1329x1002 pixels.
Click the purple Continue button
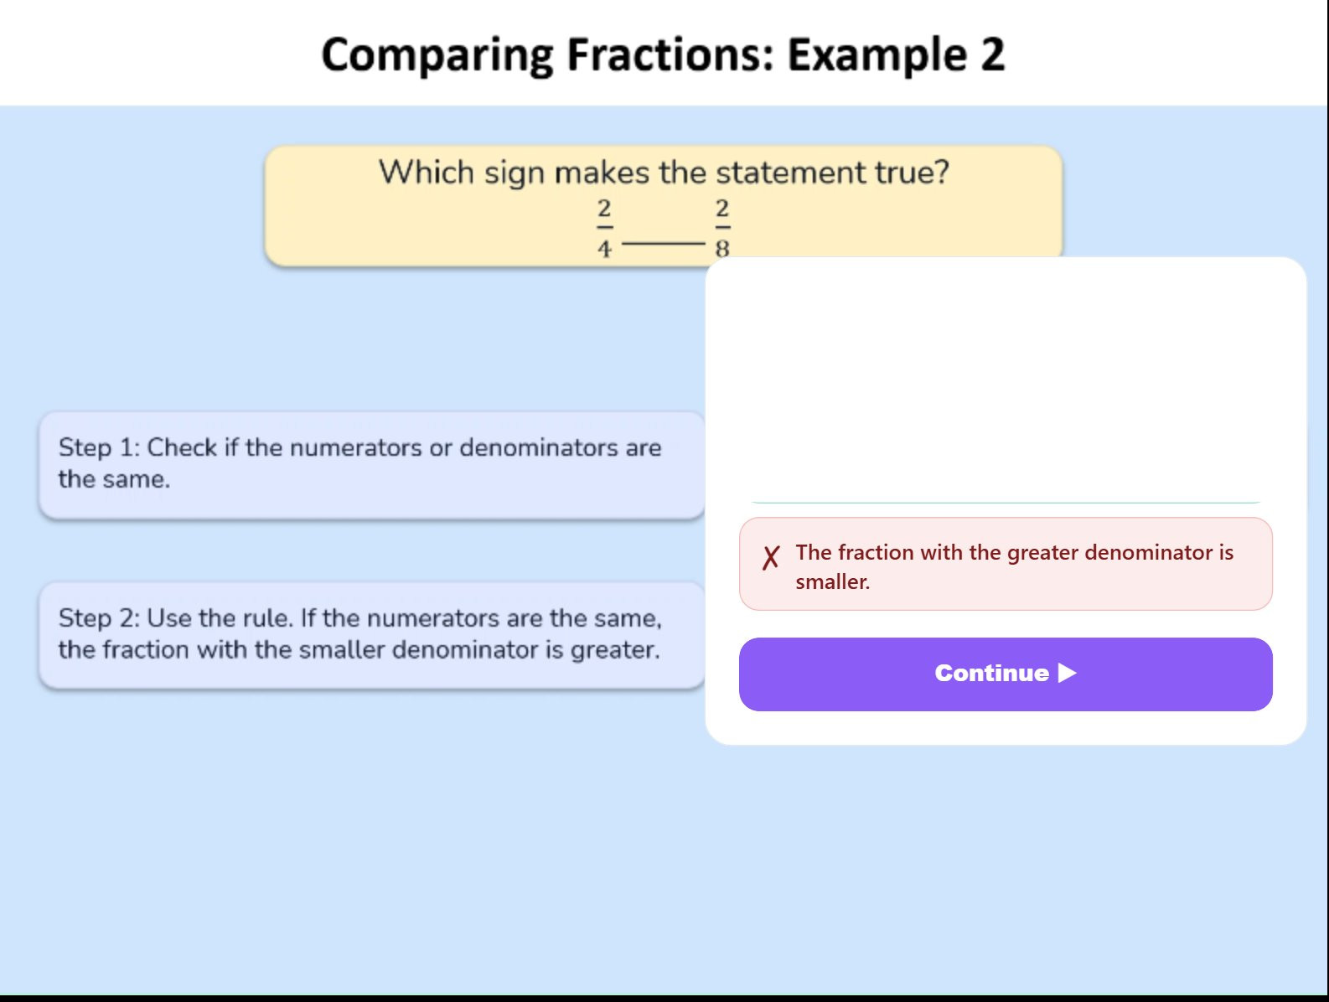pyautogui.click(x=1005, y=674)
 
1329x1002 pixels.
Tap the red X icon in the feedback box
pyautogui.click(x=771, y=557)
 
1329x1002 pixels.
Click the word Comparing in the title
pyautogui.click(x=437, y=55)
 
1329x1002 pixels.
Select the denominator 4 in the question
pyautogui.click(x=604, y=248)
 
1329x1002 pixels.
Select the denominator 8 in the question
pyautogui.click(x=722, y=248)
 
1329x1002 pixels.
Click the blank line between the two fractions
pyautogui.click(x=664, y=243)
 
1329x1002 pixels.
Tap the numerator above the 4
pyautogui.click(x=604, y=209)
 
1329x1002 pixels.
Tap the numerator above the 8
pyautogui.click(x=722, y=209)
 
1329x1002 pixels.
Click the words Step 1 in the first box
pyautogui.click(x=99, y=448)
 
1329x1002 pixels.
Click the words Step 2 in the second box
pyautogui.click(x=99, y=619)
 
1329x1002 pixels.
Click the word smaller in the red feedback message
pyautogui.click(x=833, y=582)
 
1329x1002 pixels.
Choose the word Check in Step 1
pyautogui.click(x=182, y=447)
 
